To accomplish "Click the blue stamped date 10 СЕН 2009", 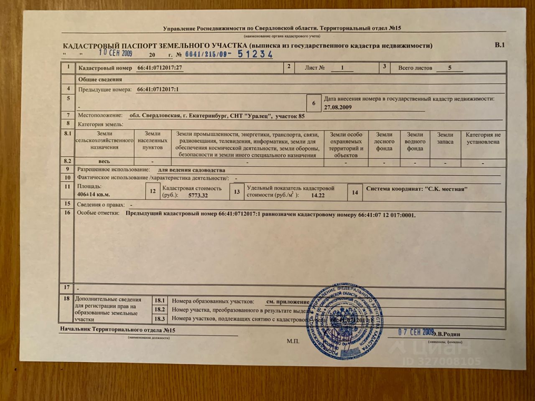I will tap(115, 53).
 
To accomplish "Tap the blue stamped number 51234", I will tap(255, 54).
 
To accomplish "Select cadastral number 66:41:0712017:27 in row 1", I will tap(157, 68).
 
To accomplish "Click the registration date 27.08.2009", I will tap(338, 107).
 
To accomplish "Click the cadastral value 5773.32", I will tap(198, 195).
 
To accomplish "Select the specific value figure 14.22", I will tap(318, 195).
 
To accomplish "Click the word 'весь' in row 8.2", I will tap(104, 161).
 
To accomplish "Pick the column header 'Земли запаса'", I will tap(445, 138).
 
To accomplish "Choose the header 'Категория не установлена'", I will tap(483, 138).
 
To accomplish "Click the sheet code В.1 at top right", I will tap(500, 45).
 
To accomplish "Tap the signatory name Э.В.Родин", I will tap(446, 334).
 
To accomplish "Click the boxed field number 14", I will tap(355, 193).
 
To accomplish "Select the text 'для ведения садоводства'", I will tap(191, 170).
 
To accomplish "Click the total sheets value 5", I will tap(450, 68).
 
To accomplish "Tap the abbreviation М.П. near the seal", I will tap(293, 341).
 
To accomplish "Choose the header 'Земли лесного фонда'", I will tap(384, 142).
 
